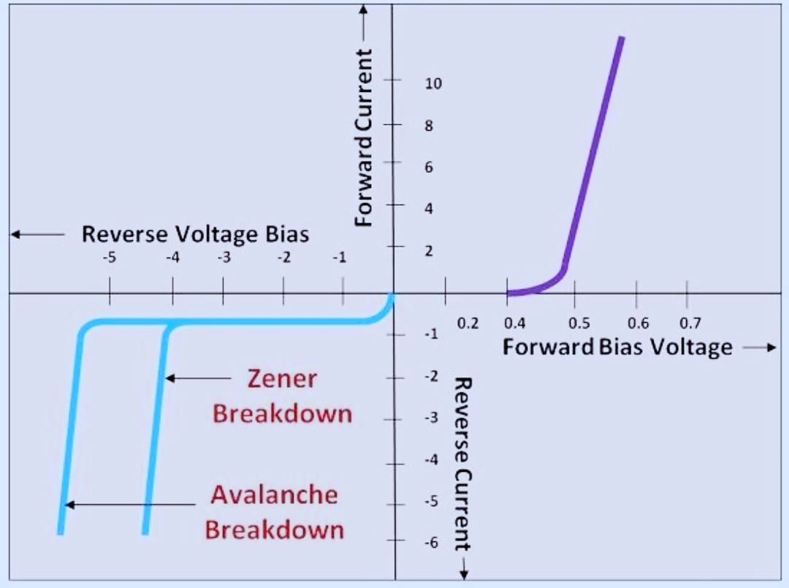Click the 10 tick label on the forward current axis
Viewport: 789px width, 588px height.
[433, 83]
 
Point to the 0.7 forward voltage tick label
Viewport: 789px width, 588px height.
[690, 323]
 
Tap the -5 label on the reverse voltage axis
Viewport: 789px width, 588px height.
[109, 258]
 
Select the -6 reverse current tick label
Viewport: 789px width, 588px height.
[431, 542]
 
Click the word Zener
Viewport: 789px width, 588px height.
[282, 379]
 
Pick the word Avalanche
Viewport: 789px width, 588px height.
[274, 495]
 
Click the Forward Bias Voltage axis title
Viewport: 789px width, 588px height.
[617, 347]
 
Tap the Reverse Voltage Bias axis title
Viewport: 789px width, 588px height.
[195, 234]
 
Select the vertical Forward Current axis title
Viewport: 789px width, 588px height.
[363, 138]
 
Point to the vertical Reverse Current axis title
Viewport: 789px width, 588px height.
[462, 465]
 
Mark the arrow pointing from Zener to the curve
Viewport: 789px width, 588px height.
[198, 378]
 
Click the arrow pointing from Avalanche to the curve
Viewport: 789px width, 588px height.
[131, 504]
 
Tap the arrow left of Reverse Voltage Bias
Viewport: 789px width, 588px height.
[38, 234]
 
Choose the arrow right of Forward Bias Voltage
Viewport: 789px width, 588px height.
[759, 348]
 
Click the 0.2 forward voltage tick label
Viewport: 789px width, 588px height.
[468, 324]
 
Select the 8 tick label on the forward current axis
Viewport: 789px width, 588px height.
[429, 126]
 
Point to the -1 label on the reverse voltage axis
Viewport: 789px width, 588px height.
[340, 258]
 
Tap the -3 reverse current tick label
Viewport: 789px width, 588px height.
[431, 418]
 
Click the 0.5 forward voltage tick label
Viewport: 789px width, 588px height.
[579, 323]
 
